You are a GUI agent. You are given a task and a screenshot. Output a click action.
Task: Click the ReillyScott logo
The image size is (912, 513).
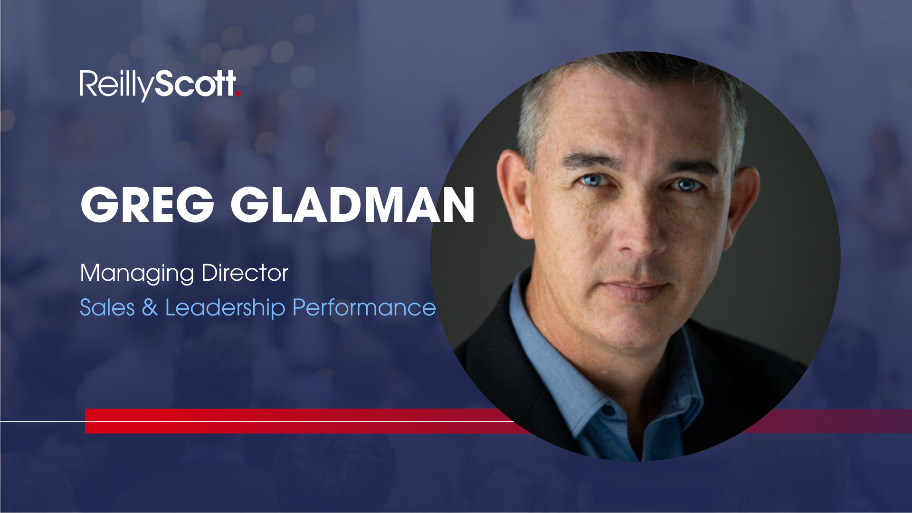160,85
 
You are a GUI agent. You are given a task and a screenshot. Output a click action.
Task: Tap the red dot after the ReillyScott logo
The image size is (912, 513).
238,94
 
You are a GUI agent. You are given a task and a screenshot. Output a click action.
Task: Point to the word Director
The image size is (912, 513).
245,273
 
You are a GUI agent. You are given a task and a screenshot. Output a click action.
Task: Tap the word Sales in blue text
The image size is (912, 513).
107,307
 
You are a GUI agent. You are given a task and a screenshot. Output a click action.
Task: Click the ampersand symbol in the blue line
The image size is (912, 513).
150,307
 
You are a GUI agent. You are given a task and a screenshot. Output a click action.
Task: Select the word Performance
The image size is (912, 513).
364,308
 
